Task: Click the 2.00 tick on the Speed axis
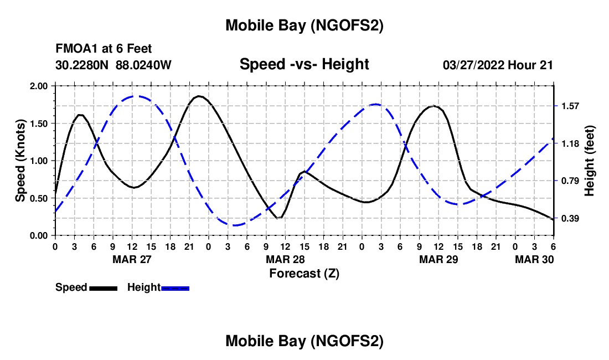coord(40,86)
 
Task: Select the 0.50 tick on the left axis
coord(40,198)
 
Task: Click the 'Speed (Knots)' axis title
coord(20,161)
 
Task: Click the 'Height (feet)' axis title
coord(589,161)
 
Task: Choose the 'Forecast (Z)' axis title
coord(304,273)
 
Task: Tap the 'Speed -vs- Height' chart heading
coord(304,64)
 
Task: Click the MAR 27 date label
coord(132,259)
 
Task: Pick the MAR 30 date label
coord(534,259)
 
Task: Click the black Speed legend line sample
coord(103,287)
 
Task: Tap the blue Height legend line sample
coord(176,287)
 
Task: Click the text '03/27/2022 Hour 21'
coord(498,65)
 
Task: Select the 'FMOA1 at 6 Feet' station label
coord(104,49)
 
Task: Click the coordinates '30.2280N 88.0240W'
coord(113,65)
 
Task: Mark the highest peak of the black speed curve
coord(199,96)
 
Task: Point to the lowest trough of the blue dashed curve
coord(235,225)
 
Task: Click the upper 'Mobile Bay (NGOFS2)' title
coord(304,25)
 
